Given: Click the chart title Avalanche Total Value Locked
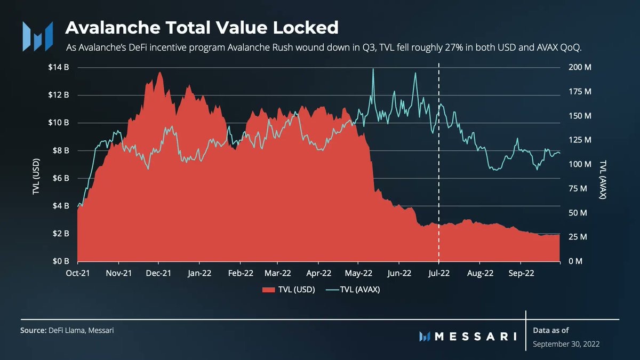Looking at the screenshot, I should [x=202, y=27].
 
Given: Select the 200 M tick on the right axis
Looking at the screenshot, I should [x=580, y=68].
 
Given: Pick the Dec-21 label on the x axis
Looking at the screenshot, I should [x=158, y=273].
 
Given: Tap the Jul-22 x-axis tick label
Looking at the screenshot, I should [x=439, y=273].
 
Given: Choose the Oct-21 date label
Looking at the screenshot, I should [x=78, y=273].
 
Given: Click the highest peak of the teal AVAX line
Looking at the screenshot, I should [x=373, y=69].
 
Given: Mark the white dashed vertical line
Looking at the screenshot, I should [x=439, y=160].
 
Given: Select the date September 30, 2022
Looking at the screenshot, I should [x=566, y=344].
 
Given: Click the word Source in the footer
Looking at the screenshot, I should [x=33, y=331].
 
